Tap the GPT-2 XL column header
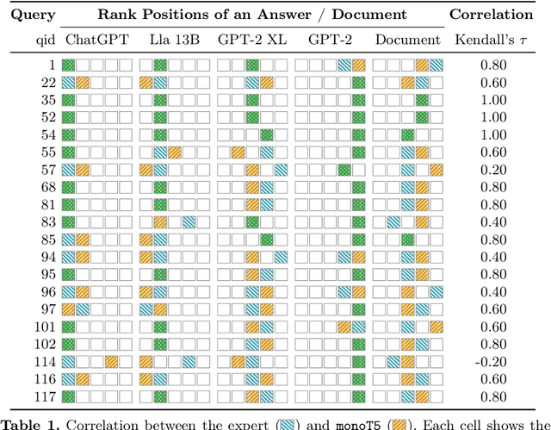(252, 40)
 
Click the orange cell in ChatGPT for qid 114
(112, 362)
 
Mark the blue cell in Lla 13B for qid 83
(189, 222)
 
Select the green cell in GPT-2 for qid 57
(344, 170)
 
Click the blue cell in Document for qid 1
(436, 65)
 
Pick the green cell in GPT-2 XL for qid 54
(267, 134)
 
